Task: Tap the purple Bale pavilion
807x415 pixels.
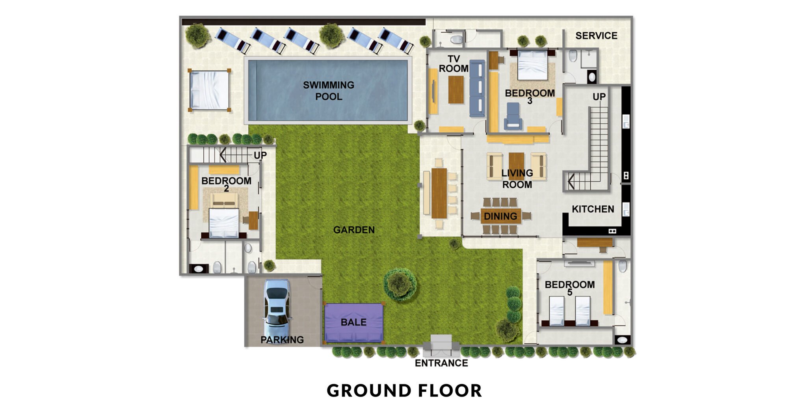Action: click(353, 322)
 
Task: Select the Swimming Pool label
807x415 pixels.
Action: click(329, 91)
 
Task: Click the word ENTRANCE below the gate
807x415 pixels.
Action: click(441, 363)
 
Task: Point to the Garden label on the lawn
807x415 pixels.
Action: click(354, 230)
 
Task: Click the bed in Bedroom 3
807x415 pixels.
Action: click(532, 65)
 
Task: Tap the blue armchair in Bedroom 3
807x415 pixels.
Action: click(513, 116)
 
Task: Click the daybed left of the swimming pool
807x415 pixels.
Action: click(209, 90)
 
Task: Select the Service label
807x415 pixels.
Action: click(596, 36)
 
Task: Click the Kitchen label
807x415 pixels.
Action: click(593, 209)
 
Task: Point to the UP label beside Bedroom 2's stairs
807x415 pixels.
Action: click(260, 155)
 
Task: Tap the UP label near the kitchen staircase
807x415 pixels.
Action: click(599, 97)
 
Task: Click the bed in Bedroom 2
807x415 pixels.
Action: click(224, 223)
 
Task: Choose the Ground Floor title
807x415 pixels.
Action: click(404, 391)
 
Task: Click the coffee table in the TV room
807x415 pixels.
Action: click(456, 89)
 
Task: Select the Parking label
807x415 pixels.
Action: click(282, 340)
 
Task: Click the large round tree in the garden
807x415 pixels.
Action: click(400, 284)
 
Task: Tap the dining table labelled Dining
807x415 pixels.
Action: click(500, 216)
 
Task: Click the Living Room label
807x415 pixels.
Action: click(517, 179)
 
